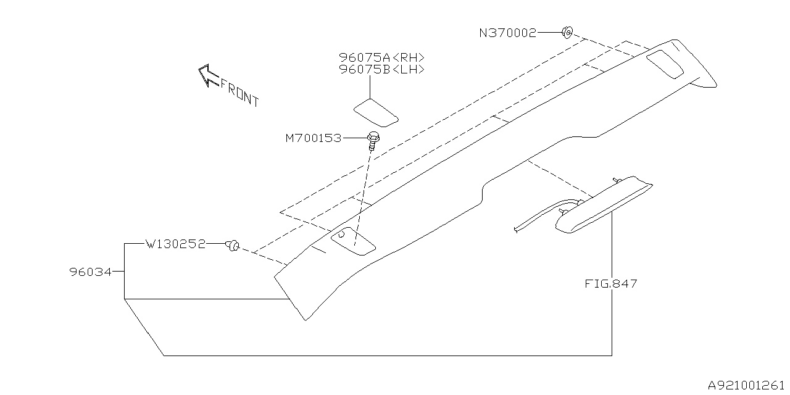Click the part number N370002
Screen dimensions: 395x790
507,33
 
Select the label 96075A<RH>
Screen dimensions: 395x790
381,57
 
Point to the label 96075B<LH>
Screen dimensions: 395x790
381,70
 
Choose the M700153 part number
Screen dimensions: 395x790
313,138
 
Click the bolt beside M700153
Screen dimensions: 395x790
372,140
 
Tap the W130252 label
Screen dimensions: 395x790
175,244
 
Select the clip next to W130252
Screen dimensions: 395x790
233,246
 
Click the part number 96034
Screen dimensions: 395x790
90,272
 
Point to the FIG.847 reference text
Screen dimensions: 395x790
610,284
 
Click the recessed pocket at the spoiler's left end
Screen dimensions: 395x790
354,241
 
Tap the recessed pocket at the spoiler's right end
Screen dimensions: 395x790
664,64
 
